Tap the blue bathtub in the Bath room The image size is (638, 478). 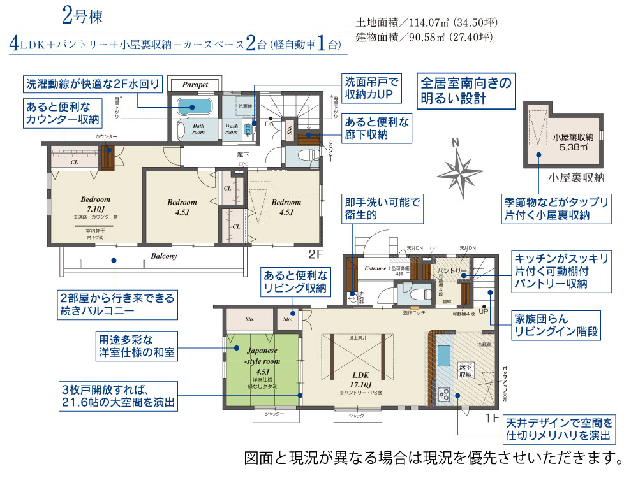194,106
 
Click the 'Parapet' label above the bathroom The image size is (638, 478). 195,85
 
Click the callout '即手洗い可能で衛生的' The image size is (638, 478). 382,209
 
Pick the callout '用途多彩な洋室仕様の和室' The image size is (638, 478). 132,345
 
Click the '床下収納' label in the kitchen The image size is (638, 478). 465,371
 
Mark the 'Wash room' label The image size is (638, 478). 232,129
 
